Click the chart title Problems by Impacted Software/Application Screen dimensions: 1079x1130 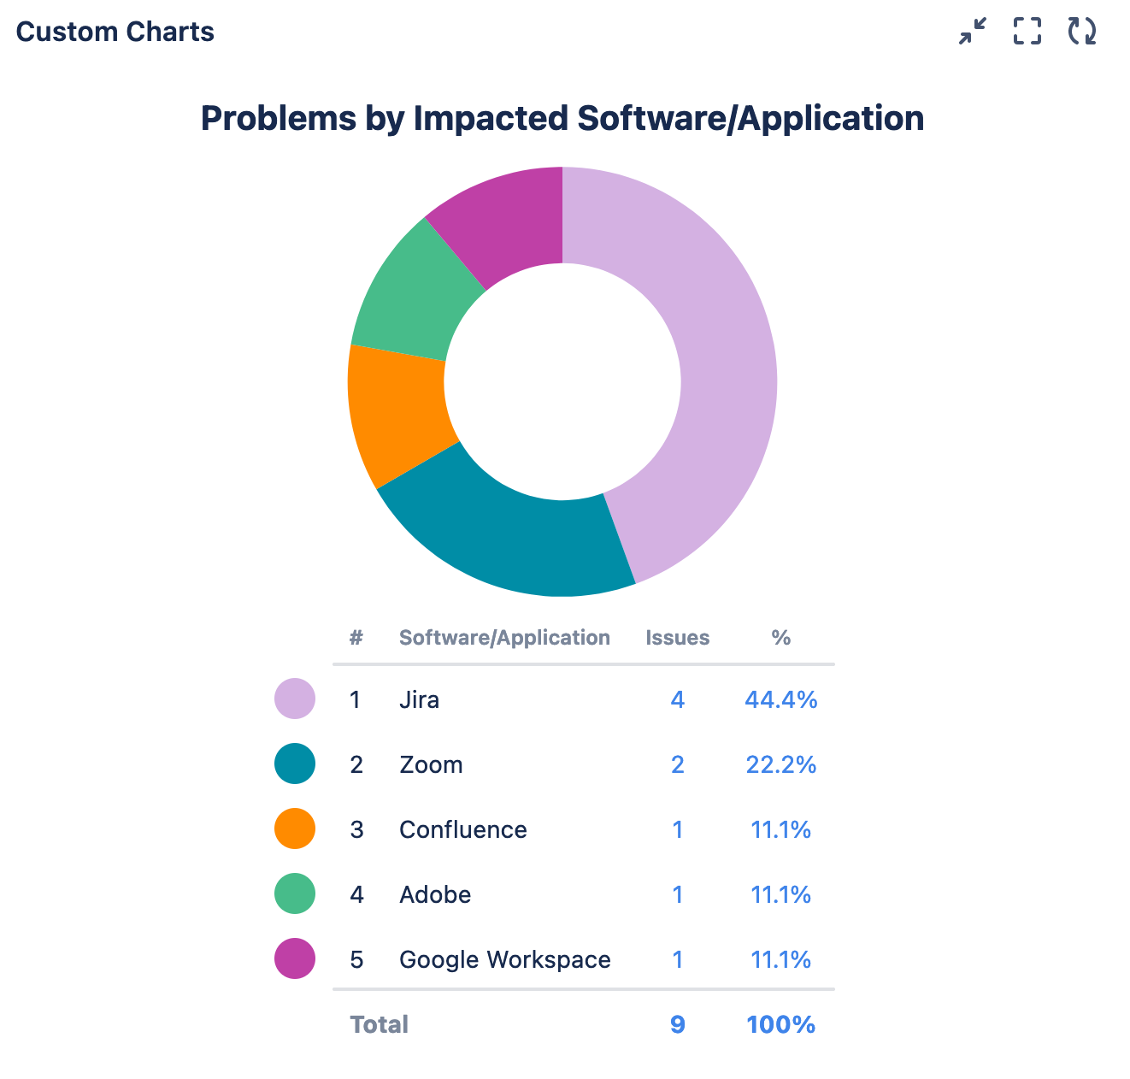[562, 118]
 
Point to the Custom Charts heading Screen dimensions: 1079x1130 [115, 32]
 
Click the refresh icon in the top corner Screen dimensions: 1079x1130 [1081, 31]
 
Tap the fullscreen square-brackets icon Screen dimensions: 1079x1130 [1027, 31]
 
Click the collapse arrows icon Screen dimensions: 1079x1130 [973, 31]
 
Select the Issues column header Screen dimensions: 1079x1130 [677, 638]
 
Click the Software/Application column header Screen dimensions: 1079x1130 [504, 638]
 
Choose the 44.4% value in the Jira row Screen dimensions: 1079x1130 [780, 700]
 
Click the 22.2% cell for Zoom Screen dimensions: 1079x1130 [780, 764]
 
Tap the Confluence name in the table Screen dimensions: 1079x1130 [462, 830]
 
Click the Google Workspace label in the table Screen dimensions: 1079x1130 [504, 960]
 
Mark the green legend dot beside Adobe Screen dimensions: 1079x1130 [295, 894]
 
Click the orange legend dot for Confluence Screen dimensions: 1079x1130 [295, 829]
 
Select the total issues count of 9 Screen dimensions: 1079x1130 [677, 1024]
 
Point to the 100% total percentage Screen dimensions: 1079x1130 [780, 1024]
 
